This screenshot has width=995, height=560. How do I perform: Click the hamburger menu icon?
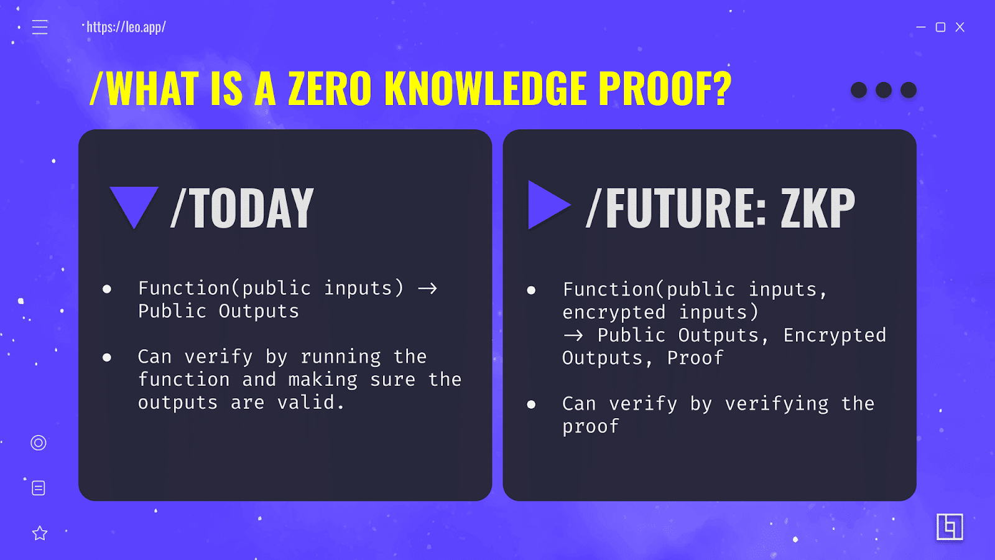(40, 27)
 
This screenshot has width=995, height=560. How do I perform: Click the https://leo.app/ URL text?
(126, 27)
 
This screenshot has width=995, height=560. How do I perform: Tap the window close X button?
(960, 27)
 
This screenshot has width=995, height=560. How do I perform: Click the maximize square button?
(940, 27)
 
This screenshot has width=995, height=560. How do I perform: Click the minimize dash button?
(921, 27)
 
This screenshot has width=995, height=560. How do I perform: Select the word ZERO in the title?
(330, 88)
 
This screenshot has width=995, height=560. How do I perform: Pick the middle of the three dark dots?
(883, 90)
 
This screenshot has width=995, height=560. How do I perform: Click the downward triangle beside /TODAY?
(134, 203)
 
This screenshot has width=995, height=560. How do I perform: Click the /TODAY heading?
(243, 208)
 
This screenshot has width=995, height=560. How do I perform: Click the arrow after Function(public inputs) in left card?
(427, 289)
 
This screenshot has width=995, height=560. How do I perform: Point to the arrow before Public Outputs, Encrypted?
(573, 335)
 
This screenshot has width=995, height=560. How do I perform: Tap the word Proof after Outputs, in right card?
(695, 358)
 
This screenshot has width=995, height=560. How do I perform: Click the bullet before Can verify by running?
(107, 357)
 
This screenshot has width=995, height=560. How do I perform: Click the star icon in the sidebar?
(40, 533)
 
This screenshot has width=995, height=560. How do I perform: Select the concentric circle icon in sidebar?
(39, 442)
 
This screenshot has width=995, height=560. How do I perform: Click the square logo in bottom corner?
(950, 527)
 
